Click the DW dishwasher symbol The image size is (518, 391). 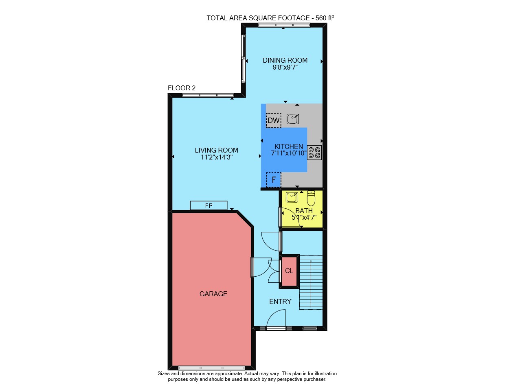coord(274,120)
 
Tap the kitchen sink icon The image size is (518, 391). coord(293,119)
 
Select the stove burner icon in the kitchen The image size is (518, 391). coord(314,153)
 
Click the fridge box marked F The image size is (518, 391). coord(274,180)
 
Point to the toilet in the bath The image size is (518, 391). coord(311,199)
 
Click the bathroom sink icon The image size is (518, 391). coord(292,197)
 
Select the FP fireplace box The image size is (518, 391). coord(209,205)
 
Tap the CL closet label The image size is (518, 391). coord(289,271)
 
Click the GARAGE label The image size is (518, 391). coord(213,294)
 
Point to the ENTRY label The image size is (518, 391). coord(280,301)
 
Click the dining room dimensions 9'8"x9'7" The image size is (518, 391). coord(285,68)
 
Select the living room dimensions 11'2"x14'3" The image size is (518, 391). coord(217,157)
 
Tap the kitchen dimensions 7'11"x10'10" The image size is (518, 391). coord(289,153)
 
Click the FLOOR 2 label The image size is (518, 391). coord(182,88)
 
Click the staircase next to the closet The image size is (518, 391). coord(311,282)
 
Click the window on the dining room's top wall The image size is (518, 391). coord(284,25)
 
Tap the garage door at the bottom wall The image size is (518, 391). coord(211,368)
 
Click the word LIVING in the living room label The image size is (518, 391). coord(203,150)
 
